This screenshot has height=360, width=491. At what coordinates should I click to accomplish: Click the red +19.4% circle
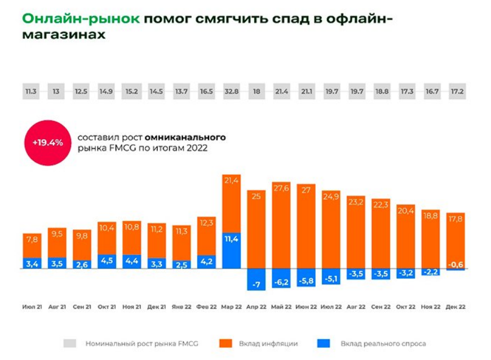coord(47,143)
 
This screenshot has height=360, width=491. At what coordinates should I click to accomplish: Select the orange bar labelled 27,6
coord(281,225)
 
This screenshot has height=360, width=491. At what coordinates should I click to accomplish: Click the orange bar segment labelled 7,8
coord(32,246)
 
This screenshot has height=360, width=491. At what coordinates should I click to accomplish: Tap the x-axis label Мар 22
coord(231,307)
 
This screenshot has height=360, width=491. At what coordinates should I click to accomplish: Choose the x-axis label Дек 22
coord(455,307)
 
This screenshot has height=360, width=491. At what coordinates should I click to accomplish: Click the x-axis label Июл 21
coord(32,307)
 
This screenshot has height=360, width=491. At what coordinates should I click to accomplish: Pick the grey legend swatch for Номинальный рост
coord(69,343)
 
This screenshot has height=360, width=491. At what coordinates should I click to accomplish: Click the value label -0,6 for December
coord(455,265)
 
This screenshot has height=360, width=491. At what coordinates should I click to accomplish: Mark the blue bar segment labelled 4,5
coord(107,261)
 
